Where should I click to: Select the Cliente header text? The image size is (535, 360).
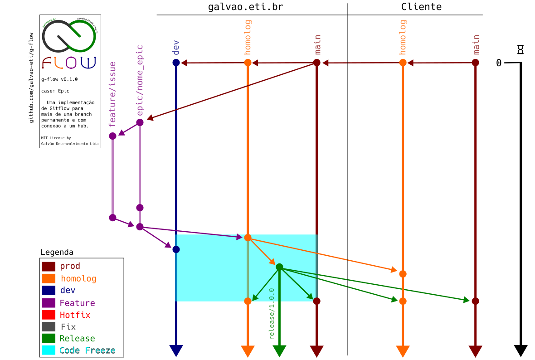[421, 7]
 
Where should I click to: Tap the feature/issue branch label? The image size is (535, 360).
[113, 94]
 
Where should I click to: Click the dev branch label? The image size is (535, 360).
[176, 48]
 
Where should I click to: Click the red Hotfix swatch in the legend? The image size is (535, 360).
[49, 315]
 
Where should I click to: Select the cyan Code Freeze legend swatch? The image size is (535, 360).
[49, 350]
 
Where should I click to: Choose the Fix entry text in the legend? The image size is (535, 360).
[68, 326]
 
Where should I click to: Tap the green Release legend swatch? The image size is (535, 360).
[49, 338]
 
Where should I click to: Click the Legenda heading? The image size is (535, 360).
[57, 252]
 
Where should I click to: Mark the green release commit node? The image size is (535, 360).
[279, 267]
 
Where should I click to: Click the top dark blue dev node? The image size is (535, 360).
[176, 63]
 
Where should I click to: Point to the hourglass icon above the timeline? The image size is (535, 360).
[520, 49]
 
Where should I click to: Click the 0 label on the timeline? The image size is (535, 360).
[499, 63]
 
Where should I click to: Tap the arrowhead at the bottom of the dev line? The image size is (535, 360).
[176, 350]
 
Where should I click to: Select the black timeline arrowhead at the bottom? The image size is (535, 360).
[520, 350]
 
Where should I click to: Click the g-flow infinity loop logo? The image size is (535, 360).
[69, 35]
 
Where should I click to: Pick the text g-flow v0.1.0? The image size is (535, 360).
[59, 79]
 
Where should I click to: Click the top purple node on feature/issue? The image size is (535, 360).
[113, 136]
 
